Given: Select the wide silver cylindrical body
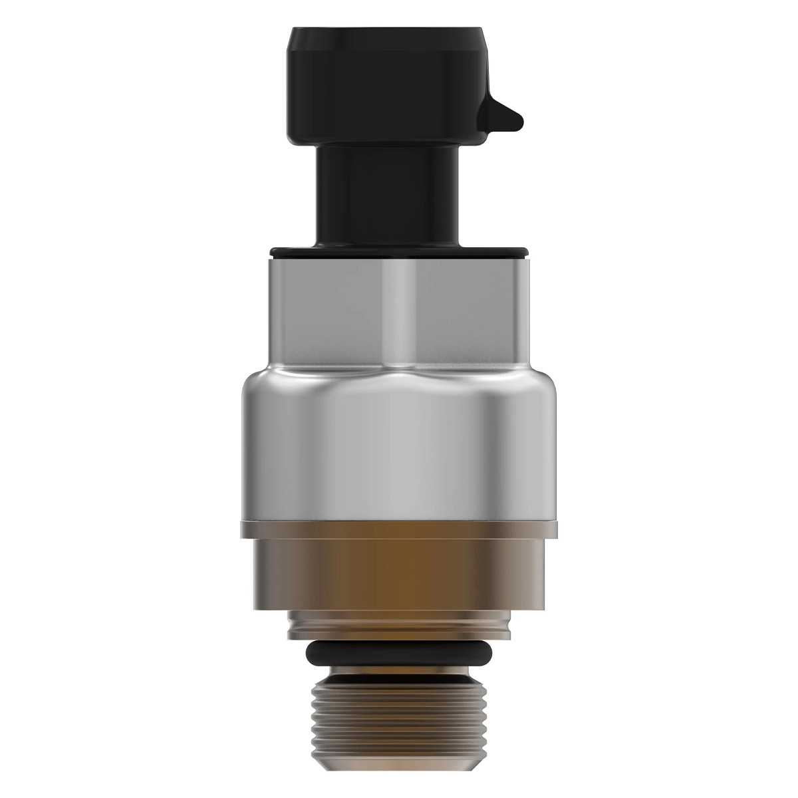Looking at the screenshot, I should click(x=399, y=452).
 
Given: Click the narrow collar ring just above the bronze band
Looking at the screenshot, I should click(x=399, y=528).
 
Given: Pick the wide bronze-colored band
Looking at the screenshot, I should click(x=399, y=572).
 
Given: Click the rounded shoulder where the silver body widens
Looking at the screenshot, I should click(x=399, y=378).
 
